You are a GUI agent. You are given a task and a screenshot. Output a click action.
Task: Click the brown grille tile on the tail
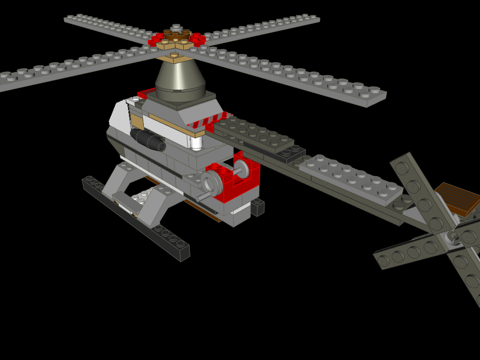tap(457, 199)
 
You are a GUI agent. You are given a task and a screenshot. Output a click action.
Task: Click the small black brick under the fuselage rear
tap(257, 207)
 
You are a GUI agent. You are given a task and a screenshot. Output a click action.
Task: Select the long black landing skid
tap(136, 218)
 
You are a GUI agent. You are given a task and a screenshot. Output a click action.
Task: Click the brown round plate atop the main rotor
tap(176, 35)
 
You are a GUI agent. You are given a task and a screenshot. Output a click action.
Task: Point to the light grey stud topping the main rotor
tap(176, 27)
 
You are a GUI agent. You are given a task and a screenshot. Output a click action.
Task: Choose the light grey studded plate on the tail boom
tap(351, 179)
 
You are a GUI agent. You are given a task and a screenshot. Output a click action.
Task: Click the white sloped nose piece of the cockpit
tap(119, 115)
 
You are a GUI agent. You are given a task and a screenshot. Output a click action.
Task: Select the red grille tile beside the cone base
tap(146, 92)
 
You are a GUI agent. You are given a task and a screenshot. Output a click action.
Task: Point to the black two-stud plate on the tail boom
tap(291, 152)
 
